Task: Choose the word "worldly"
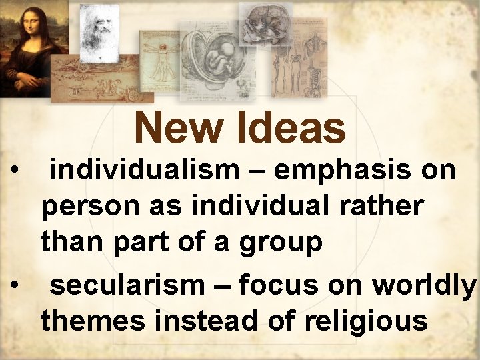[424, 286]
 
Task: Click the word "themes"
[93, 321]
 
